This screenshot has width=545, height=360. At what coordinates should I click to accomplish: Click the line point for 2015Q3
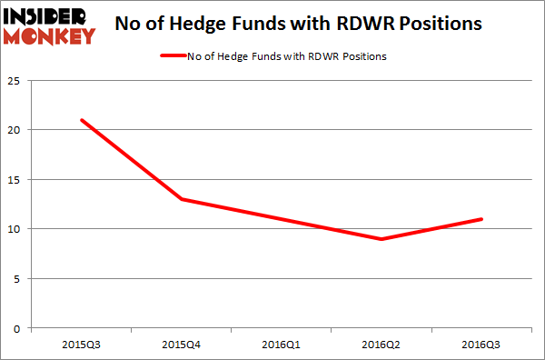[83, 120]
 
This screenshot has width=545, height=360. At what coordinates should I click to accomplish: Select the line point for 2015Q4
[183, 199]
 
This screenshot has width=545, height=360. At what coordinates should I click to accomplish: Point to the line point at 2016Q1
[282, 219]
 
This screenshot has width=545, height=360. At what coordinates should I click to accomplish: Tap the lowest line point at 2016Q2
[381, 239]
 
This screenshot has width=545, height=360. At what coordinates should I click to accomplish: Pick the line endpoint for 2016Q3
[481, 219]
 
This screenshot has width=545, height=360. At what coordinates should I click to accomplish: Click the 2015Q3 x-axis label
[83, 344]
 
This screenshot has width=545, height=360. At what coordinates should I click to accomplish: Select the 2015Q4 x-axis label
[183, 344]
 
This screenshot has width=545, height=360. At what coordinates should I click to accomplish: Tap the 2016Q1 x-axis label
[282, 344]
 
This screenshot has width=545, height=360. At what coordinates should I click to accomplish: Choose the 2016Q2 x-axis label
[381, 344]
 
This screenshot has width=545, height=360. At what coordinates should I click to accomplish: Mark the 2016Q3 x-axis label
[481, 344]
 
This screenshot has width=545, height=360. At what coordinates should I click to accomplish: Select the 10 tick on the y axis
[17, 229]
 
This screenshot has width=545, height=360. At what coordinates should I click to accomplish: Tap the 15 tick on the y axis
[17, 179]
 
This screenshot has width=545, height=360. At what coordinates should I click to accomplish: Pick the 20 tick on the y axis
[17, 130]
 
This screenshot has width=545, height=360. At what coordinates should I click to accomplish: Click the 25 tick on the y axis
[17, 81]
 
